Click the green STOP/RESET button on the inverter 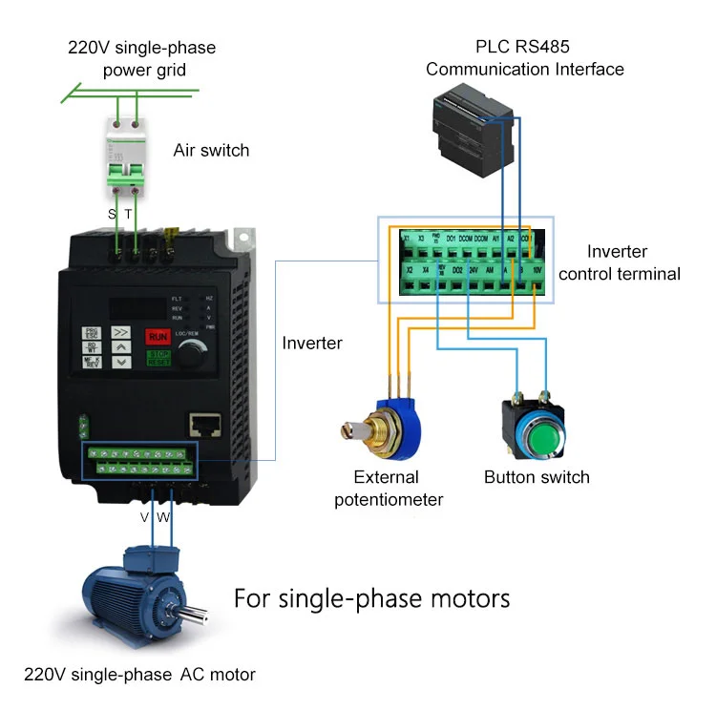coord(158,358)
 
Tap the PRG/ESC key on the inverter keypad coord(92,334)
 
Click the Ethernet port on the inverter coord(203,423)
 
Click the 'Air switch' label coord(211,150)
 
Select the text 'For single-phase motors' coord(372,598)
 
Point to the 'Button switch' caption coord(537,477)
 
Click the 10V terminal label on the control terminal coord(537,270)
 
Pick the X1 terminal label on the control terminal coord(405,238)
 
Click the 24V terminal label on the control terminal coord(473,270)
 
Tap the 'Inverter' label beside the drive coord(312,343)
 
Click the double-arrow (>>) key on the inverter coord(122,334)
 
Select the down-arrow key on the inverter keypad coord(122,363)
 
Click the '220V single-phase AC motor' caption coord(140,675)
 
